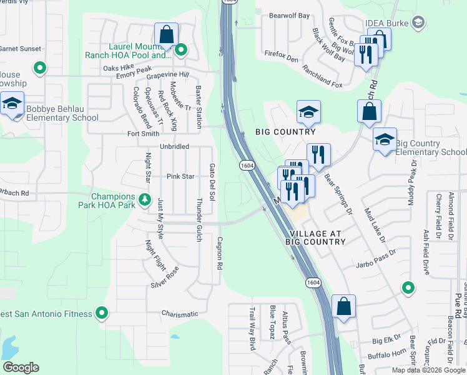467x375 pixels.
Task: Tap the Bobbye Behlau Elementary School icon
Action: coord(11,104)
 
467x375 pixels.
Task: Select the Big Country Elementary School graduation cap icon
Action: coord(385,139)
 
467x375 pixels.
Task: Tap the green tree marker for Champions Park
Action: coord(145,200)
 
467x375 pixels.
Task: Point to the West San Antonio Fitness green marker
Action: coord(101,313)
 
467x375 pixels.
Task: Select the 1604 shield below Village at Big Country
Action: coord(313,283)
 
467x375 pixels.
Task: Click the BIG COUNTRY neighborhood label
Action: coord(285,132)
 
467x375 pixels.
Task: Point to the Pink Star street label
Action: coord(180,177)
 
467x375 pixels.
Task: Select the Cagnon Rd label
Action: coord(220,252)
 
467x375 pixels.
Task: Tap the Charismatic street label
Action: coord(180,314)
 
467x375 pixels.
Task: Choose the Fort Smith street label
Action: coord(142,133)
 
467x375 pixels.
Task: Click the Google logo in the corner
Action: coord(21,367)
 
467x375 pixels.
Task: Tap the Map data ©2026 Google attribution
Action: coord(428,370)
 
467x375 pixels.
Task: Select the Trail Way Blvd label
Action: coord(253,328)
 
